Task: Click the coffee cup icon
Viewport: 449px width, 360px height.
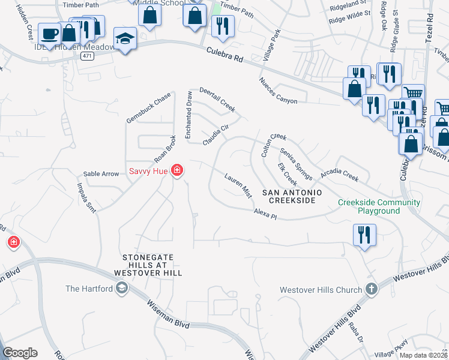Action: (x=49, y=34)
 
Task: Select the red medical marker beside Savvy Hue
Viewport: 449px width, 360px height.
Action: (x=176, y=171)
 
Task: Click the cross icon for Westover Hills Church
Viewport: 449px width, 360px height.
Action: (x=371, y=290)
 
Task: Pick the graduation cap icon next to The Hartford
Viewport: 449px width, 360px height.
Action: (x=122, y=289)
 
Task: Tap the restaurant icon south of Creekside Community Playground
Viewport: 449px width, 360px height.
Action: (x=364, y=235)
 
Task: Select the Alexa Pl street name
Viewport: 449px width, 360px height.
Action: (x=264, y=214)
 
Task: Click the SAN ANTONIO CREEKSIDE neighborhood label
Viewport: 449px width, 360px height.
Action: (x=292, y=196)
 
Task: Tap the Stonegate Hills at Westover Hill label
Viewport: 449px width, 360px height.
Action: (x=148, y=265)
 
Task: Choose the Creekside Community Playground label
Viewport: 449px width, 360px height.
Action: (x=378, y=206)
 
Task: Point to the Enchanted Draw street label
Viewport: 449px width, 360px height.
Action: (x=188, y=115)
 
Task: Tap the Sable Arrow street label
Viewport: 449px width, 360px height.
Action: (x=101, y=174)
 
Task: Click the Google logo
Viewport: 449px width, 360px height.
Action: (x=20, y=353)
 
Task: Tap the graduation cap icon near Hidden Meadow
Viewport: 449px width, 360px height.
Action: (x=125, y=40)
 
